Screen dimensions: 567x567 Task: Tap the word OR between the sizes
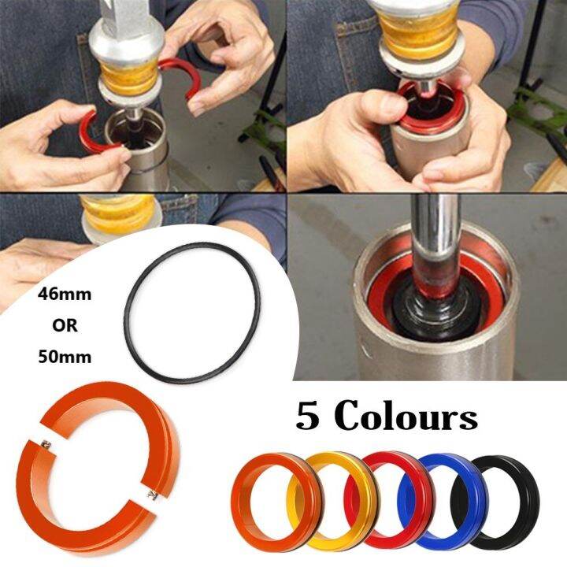pyautogui.click(x=65, y=324)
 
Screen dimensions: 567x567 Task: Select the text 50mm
pyautogui.click(x=65, y=356)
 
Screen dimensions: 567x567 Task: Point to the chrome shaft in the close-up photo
pyautogui.click(x=432, y=228)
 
